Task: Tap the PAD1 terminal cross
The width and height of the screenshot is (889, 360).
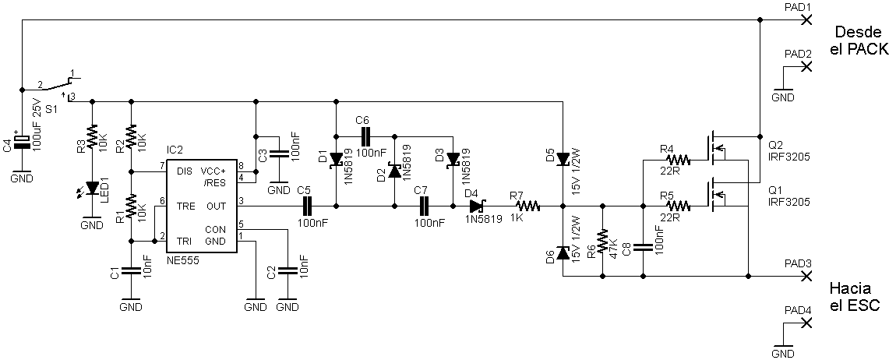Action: pos(806,20)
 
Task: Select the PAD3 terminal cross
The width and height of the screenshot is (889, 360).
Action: pos(806,276)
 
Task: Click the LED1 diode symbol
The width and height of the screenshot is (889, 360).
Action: pos(92,188)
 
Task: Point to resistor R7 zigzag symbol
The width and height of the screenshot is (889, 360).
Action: pos(527,206)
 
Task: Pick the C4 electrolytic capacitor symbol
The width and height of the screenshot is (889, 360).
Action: pos(22,143)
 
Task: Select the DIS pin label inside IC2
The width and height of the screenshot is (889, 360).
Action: pos(184,171)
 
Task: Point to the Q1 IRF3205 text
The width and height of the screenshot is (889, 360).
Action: pos(788,196)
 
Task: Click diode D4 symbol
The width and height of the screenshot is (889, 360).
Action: pos(477,206)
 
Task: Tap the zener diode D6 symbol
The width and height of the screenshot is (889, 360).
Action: pos(563,252)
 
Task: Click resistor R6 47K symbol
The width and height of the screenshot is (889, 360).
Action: pos(602,241)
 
